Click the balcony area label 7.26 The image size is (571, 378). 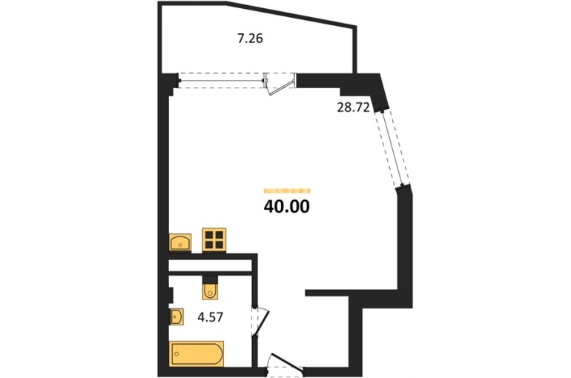pos(250,39)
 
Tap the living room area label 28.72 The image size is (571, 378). pos(353,107)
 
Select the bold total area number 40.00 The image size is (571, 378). pos(286,207)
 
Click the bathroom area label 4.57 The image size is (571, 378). pos(210,317)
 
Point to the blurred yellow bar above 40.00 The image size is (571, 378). pos(286,190)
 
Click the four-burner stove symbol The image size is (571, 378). pos(214,240)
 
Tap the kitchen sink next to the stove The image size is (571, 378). pos(180,242)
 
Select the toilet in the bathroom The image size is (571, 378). pos(210,288)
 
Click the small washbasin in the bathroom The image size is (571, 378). pos(176,317)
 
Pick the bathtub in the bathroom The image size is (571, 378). pos(197,353)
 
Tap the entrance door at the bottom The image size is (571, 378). pos(285,362)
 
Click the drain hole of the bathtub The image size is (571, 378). pos(177,354)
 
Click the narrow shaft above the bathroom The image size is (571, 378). pos(211,266)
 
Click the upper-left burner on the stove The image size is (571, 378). pos(209,235)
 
